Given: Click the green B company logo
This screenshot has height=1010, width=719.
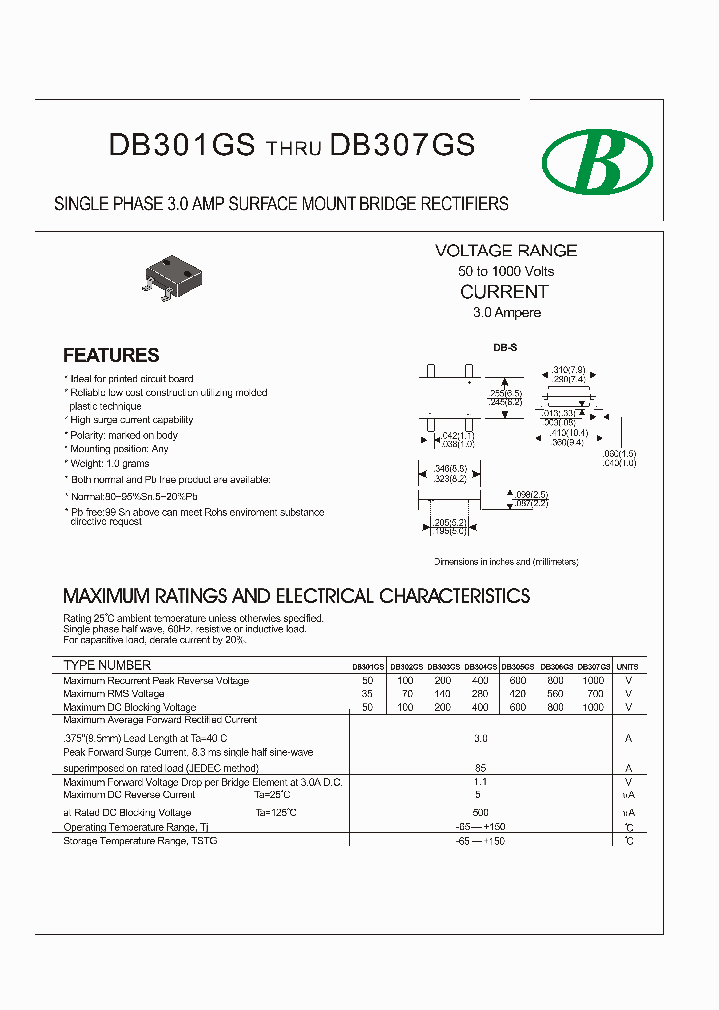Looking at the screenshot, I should point(596,161).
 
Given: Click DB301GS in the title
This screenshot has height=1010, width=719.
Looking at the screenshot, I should point(182,146).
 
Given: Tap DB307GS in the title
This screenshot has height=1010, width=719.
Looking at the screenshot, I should point(402,146).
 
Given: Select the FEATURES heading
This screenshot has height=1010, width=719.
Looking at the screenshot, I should point(111,355).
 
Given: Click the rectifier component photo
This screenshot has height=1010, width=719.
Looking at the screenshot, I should point(169,273).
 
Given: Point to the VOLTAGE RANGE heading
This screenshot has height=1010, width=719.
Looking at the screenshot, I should point(506,251).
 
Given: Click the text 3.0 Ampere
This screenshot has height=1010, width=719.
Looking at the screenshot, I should point(507,312).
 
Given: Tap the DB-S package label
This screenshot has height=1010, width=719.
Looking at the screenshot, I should point(505,348).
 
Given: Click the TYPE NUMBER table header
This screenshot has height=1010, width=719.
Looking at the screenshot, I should point(107,665).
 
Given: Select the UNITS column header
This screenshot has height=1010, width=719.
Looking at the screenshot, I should point(627,666).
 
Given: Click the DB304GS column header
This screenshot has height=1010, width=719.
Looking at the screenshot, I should point(480,666).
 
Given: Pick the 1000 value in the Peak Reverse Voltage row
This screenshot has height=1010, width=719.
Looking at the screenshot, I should point(593,680).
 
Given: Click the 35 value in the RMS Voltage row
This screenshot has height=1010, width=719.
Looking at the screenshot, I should point(368,693).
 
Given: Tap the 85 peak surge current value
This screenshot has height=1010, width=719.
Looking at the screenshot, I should point(481,768).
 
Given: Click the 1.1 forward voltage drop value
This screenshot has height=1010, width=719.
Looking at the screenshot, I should point(481,782).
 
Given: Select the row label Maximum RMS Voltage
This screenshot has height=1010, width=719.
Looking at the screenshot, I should point(114,693).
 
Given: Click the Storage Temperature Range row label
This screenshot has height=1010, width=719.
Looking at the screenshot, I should point(140,840).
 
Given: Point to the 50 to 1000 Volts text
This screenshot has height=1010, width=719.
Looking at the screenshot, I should point(506,271).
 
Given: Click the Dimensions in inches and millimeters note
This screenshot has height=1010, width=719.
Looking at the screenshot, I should point(506,562).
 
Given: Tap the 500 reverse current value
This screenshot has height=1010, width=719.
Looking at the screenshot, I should point(481,812).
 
